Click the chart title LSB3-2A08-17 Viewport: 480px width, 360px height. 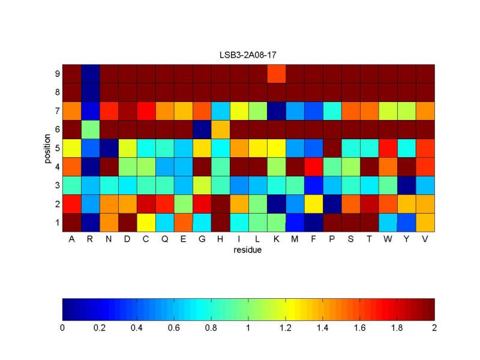point(247,55)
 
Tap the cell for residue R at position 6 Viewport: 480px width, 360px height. point(90,129)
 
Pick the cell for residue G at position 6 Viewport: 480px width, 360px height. point(202,129)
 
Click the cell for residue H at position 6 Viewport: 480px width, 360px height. point(221,129)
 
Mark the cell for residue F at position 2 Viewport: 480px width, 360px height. point(314,203)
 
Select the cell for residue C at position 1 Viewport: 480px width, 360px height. point(146,222)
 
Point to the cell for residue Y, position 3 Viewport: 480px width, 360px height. point(407,185)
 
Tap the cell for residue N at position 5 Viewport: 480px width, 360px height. point(109,148)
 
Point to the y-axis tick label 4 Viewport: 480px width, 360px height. point(56,166)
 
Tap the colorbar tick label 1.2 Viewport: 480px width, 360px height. point(286,328)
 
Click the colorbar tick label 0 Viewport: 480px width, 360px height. point(62,328)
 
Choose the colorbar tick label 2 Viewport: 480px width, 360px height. point(434,328)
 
